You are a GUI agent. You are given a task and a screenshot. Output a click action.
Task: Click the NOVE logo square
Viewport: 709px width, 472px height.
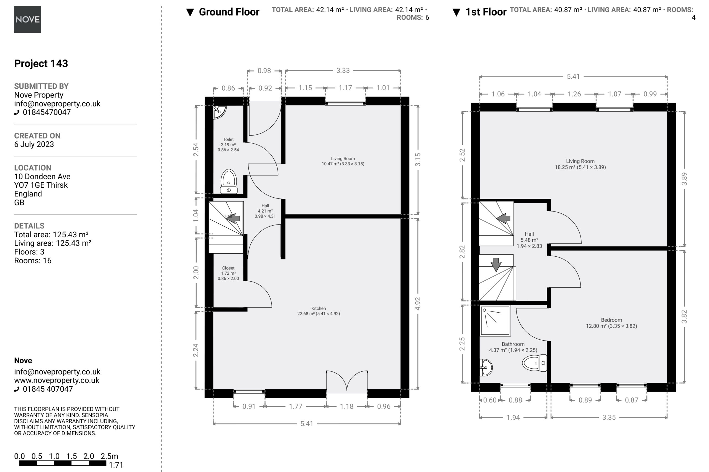(27, 19)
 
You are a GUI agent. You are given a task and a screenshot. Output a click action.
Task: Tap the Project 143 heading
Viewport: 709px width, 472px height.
(41, 63)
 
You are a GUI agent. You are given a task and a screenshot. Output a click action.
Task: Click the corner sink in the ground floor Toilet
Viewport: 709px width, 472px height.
(219, 112)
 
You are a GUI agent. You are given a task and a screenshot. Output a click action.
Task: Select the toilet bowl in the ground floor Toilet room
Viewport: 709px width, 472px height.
(228, 181)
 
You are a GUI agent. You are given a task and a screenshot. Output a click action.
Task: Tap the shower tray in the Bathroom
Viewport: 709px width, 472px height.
(495, 321)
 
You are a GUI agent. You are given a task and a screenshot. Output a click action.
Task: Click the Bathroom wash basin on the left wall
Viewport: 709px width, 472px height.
(486, 367)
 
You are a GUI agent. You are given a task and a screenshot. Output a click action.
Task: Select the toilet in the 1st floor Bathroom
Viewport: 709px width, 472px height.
(535, 363)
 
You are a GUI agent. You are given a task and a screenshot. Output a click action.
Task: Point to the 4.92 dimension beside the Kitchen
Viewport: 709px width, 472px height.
(418, 303)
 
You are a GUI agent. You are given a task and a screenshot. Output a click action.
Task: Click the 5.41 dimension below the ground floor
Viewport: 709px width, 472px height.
(307, 423)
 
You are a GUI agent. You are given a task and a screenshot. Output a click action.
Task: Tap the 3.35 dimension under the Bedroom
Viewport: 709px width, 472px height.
(609, 417)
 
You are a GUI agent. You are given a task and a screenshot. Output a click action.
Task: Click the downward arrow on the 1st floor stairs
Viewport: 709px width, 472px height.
(496, 265)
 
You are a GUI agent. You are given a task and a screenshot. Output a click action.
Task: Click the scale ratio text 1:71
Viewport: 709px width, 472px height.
(116, 465)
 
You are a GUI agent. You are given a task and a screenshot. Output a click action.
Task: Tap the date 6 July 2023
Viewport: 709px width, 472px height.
(34, 144)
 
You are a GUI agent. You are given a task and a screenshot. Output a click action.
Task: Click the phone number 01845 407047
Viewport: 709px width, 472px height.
(48, 389)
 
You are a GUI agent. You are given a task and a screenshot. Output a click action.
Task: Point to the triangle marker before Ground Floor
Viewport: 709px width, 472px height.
(190, 12)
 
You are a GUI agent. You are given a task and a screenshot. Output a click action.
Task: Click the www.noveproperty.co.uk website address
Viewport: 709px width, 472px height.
(56, 380)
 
